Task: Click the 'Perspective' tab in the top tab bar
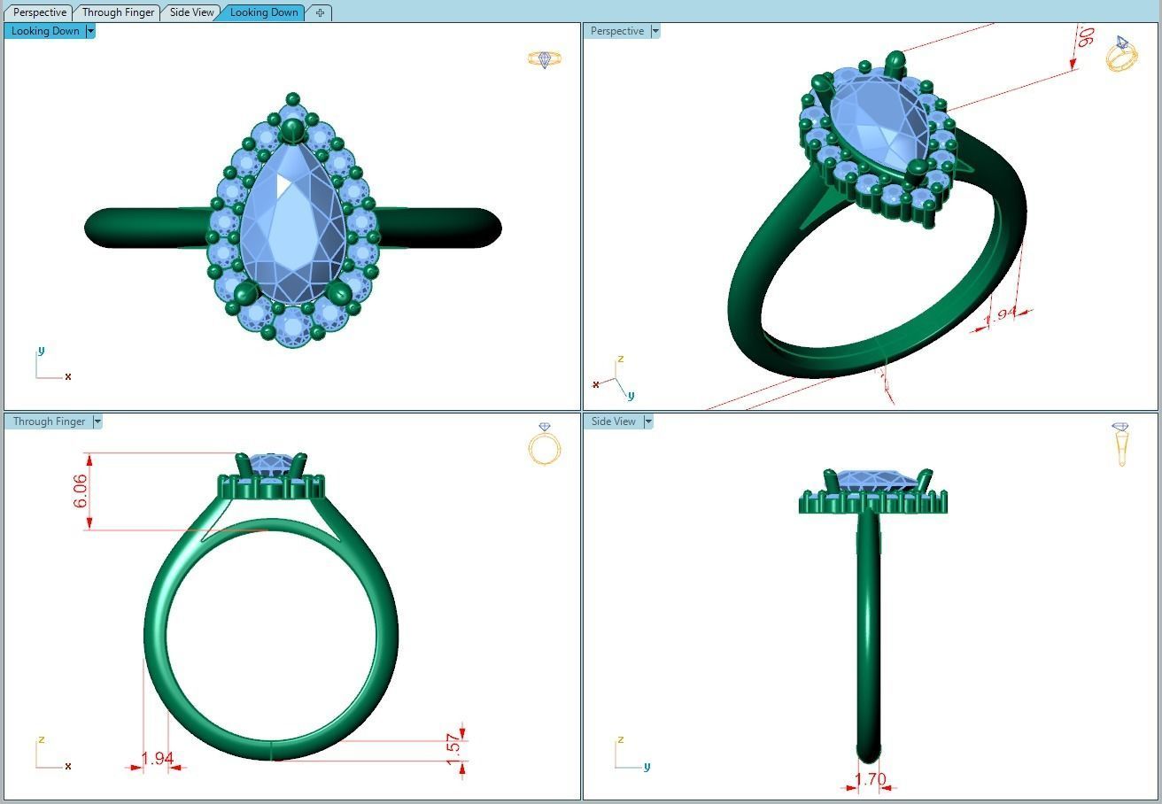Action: [x=40, y=12]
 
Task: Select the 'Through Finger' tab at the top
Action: [x=118, y=12]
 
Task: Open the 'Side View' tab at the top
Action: [x=191, y=12]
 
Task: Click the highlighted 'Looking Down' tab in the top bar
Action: [x=264, y=12]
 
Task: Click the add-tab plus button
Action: [x=320, y=12]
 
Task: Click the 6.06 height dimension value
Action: [x=81, y=491]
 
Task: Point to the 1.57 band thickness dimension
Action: [x=453, y=746]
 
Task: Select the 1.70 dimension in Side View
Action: [x=870, y=780]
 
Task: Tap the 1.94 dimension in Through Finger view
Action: [x=157, y=759]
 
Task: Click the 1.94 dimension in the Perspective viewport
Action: [x=1001, y=315]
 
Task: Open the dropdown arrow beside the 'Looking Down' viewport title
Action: [x=90, y=31]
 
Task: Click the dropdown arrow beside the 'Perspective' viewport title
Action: [x=655, y=31]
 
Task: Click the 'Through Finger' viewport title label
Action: [x=49, y=421]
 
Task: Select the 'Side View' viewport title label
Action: [x=613, y=421]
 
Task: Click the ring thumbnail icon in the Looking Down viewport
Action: [x=545, y=59]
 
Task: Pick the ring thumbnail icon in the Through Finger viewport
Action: [x=545, y=445]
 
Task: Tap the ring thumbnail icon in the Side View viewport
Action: [x=1121, y=444]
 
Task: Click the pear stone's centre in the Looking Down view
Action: [x=292, y=221]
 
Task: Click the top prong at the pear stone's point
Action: [x=292, y=132]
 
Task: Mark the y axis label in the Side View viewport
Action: [x=647, y=767]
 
